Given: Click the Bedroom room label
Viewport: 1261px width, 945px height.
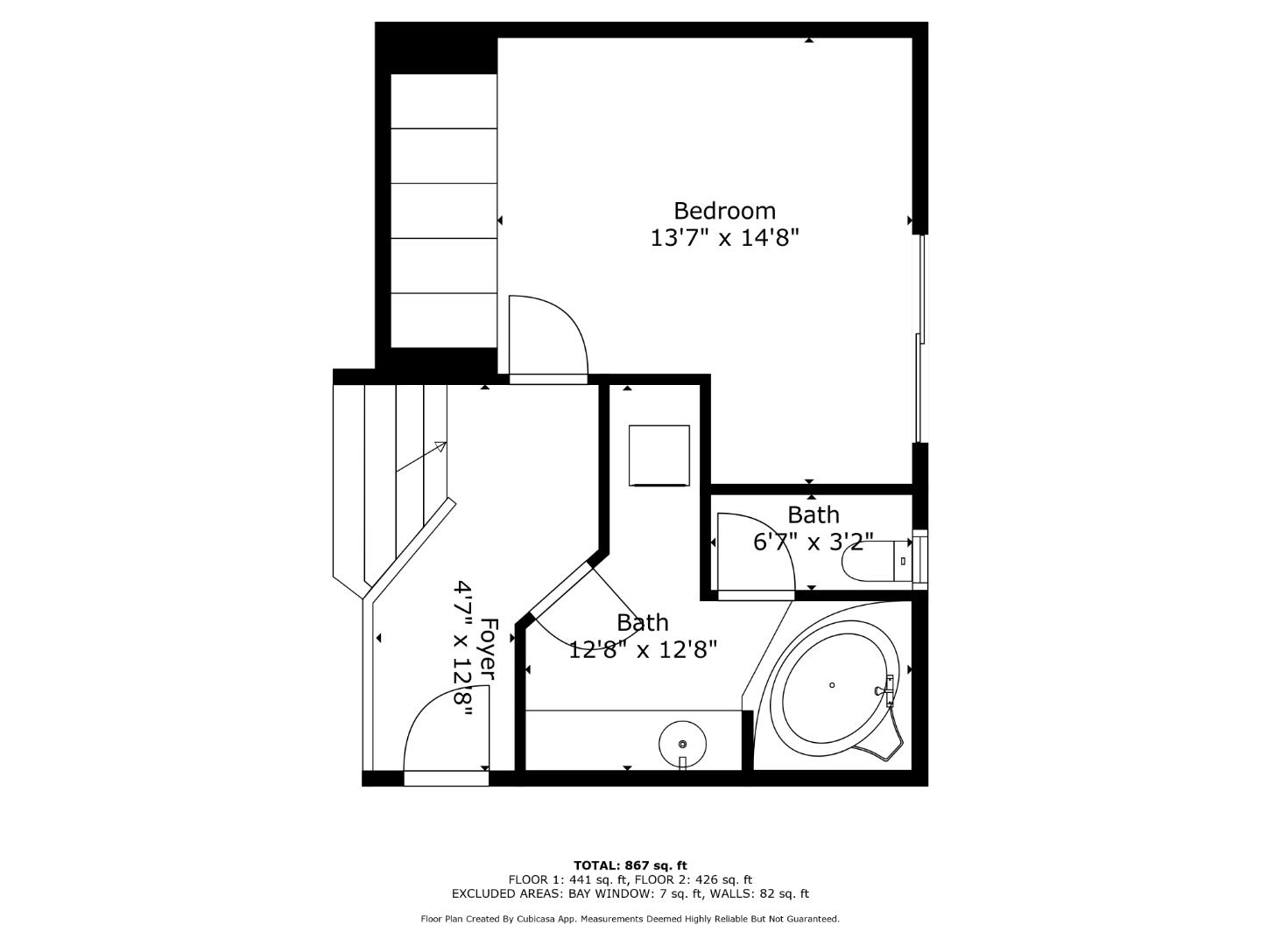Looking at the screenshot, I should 724,211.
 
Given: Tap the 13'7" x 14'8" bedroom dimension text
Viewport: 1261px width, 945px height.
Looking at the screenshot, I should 724,237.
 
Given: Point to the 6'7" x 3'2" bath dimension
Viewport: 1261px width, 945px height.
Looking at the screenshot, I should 812,542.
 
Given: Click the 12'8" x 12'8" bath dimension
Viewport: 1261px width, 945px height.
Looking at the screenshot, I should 643,649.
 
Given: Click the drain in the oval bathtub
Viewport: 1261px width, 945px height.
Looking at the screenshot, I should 832,685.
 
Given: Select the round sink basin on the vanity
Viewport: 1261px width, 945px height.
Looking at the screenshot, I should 682,743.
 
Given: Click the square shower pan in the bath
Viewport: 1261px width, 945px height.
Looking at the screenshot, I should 659,454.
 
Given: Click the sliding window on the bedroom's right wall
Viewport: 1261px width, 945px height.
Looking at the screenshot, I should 919,339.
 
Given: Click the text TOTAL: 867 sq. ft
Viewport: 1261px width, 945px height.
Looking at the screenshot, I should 630,865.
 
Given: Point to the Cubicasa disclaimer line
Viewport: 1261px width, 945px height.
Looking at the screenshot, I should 630,919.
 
